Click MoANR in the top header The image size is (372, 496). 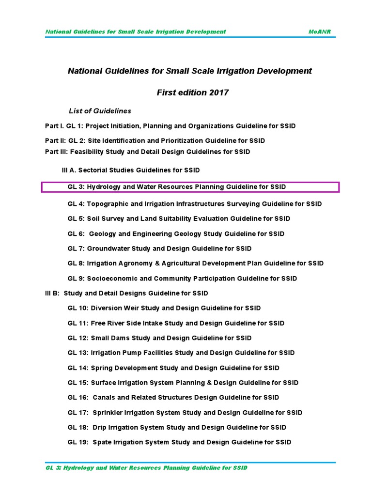coord(320,31)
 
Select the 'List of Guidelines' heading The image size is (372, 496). coord(100,111)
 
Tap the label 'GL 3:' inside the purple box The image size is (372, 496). coord(76,187)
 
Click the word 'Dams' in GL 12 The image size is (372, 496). coord(123,338)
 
